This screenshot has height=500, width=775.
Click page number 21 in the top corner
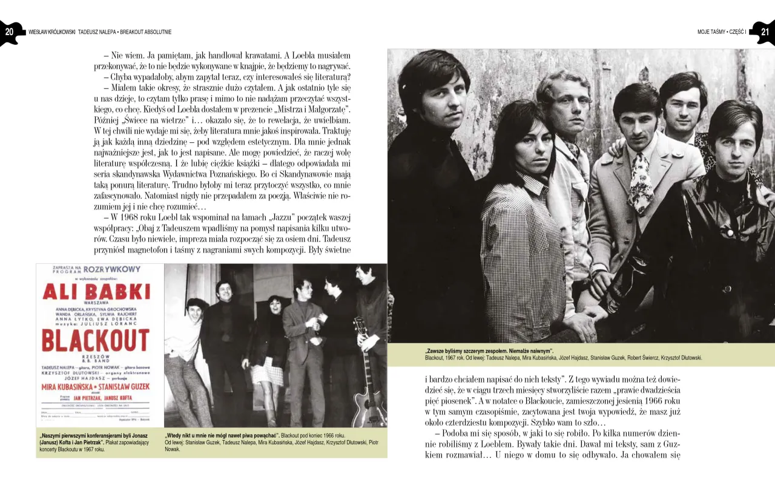tap(765, 31)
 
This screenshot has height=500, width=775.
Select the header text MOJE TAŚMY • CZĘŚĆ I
tap(721, 31)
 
